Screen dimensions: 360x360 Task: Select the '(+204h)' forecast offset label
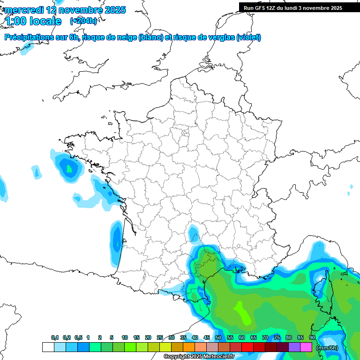coord(83,21)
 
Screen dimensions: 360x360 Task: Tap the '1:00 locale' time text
coord(33,21)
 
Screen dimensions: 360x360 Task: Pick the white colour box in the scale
coord(48,347)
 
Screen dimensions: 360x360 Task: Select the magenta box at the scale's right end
coord(307,347)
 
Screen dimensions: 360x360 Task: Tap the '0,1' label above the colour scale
coord(55,338)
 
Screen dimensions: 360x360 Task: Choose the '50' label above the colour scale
coord(218,338)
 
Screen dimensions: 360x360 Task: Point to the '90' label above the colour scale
coord(312,338)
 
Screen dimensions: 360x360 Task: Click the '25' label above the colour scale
coord(160,338)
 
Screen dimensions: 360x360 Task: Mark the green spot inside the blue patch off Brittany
coord(70,168)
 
